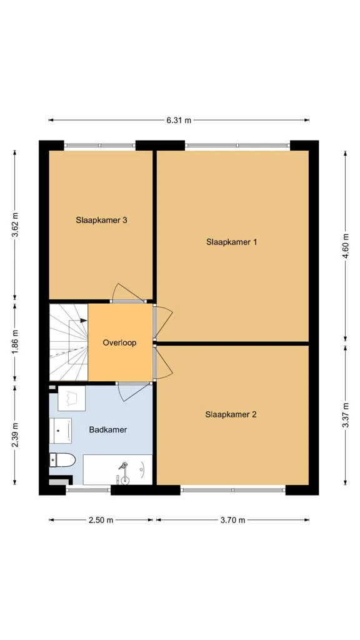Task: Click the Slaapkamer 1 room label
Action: point(231,242)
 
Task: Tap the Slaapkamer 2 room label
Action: point(231,414)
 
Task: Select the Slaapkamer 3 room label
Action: point(101,220)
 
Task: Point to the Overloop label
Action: point(119,343)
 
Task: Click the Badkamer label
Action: point(107,429)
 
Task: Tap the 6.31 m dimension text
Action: point(179,121)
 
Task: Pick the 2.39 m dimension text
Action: point(15,435)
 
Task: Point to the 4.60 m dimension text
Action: point(346,246)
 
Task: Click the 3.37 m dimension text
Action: point(346,415)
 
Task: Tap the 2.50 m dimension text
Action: point(101,520)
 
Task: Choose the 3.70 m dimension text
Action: point(232,520)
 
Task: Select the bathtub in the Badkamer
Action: point(117,469)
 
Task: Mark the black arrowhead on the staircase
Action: point(84,321)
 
